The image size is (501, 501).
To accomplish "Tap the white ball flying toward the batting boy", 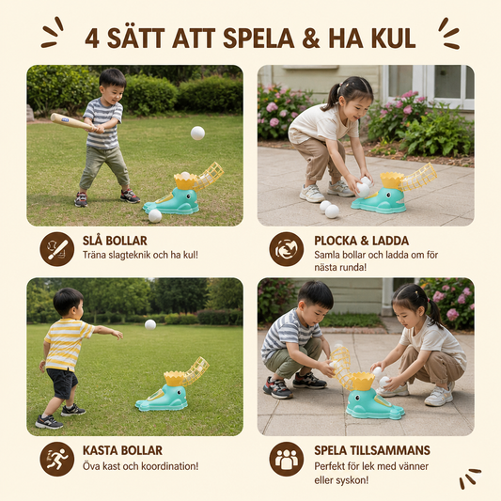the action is tap(197, 133).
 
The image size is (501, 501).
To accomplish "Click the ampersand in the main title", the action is tap(310, 38).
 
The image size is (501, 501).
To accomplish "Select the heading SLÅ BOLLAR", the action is tap(115, 241).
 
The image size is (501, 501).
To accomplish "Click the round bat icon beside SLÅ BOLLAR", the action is tap(57, 249).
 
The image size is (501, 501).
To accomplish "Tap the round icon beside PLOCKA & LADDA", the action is tap(287, 249).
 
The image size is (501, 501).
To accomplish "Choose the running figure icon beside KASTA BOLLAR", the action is tap(57, 459).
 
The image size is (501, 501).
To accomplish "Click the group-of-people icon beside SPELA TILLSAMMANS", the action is tap(287, 459).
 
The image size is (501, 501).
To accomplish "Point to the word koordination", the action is tap(169, 466).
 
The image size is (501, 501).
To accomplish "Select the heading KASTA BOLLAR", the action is tap(122, 450).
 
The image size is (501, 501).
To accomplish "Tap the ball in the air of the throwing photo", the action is tap(150, 324).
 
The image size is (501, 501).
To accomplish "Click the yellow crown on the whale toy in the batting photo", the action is tap(185, 180).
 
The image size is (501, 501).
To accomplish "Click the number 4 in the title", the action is tap(92, 39).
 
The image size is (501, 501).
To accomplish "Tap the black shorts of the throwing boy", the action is tap(62, 383).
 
